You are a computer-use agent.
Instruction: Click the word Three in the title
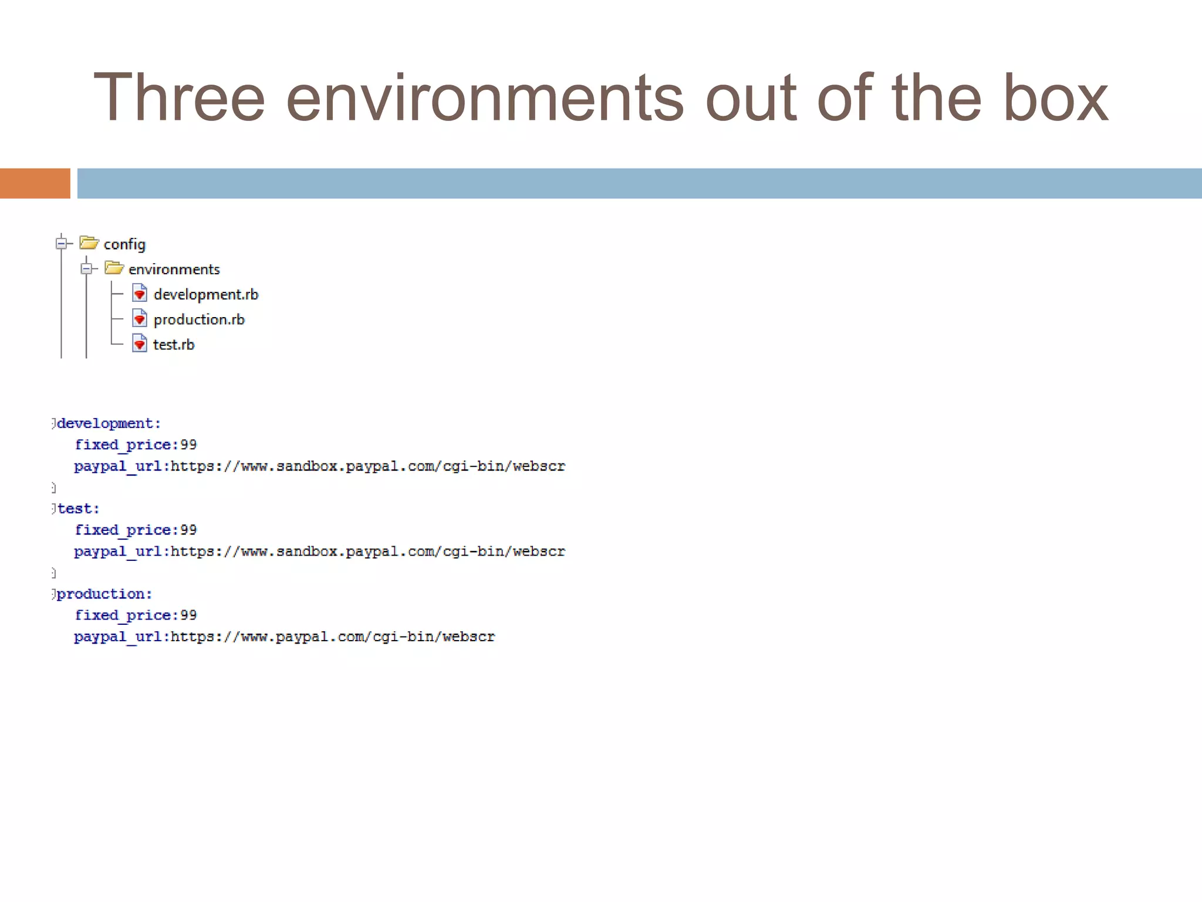coord(179,98)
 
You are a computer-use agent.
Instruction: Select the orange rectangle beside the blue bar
coord(35,183)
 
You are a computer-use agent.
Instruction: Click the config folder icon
coord(89,243)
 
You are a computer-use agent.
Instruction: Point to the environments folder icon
coord(114,268)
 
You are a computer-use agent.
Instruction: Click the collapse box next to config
coord(61,243)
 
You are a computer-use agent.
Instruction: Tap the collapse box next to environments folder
coord(86,269)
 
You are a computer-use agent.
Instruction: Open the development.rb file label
coord(205,294)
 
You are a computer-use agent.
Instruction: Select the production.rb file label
coord(199,319)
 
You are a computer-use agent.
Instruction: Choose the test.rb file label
coord(174,345)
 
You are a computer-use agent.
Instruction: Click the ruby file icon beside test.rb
coord(140,343)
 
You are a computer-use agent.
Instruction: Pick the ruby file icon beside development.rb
coord(140,292)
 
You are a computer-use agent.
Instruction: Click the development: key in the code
coord(109,423)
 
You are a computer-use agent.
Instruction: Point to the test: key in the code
coord(79,509)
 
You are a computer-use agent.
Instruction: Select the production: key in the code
coord(104,594)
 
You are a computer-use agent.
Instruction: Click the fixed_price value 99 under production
coord(188,615)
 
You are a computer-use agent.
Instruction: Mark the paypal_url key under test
coord(118,551)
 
